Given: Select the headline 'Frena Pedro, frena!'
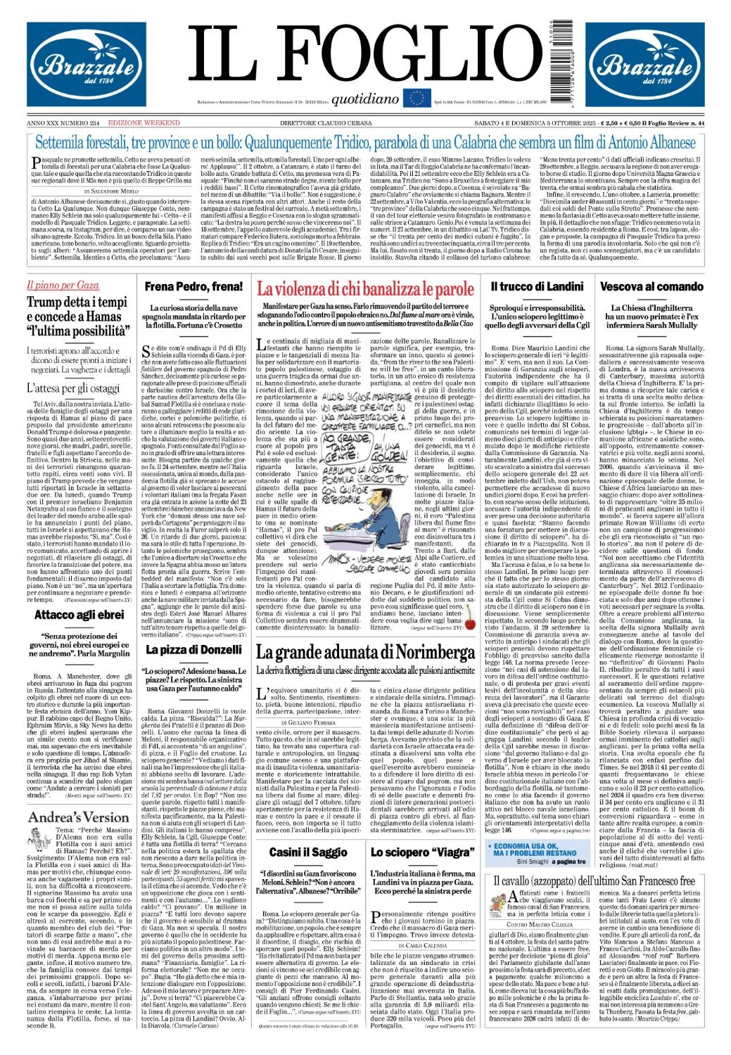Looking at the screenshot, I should point(193,286).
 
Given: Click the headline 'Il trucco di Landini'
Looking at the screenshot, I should point(537,286).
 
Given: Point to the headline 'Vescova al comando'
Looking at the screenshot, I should point(651,286).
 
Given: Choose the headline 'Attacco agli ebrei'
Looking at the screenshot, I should point(80,615).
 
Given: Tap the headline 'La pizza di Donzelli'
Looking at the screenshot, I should point(193,649).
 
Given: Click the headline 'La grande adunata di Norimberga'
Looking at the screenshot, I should point(365,652).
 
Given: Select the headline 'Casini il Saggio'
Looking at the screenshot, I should point(307,852).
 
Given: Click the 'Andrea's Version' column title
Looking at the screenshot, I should point(79,817).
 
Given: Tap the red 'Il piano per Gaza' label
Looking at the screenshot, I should point(63,286).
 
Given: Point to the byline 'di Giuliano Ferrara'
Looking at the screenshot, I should point(308,722).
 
